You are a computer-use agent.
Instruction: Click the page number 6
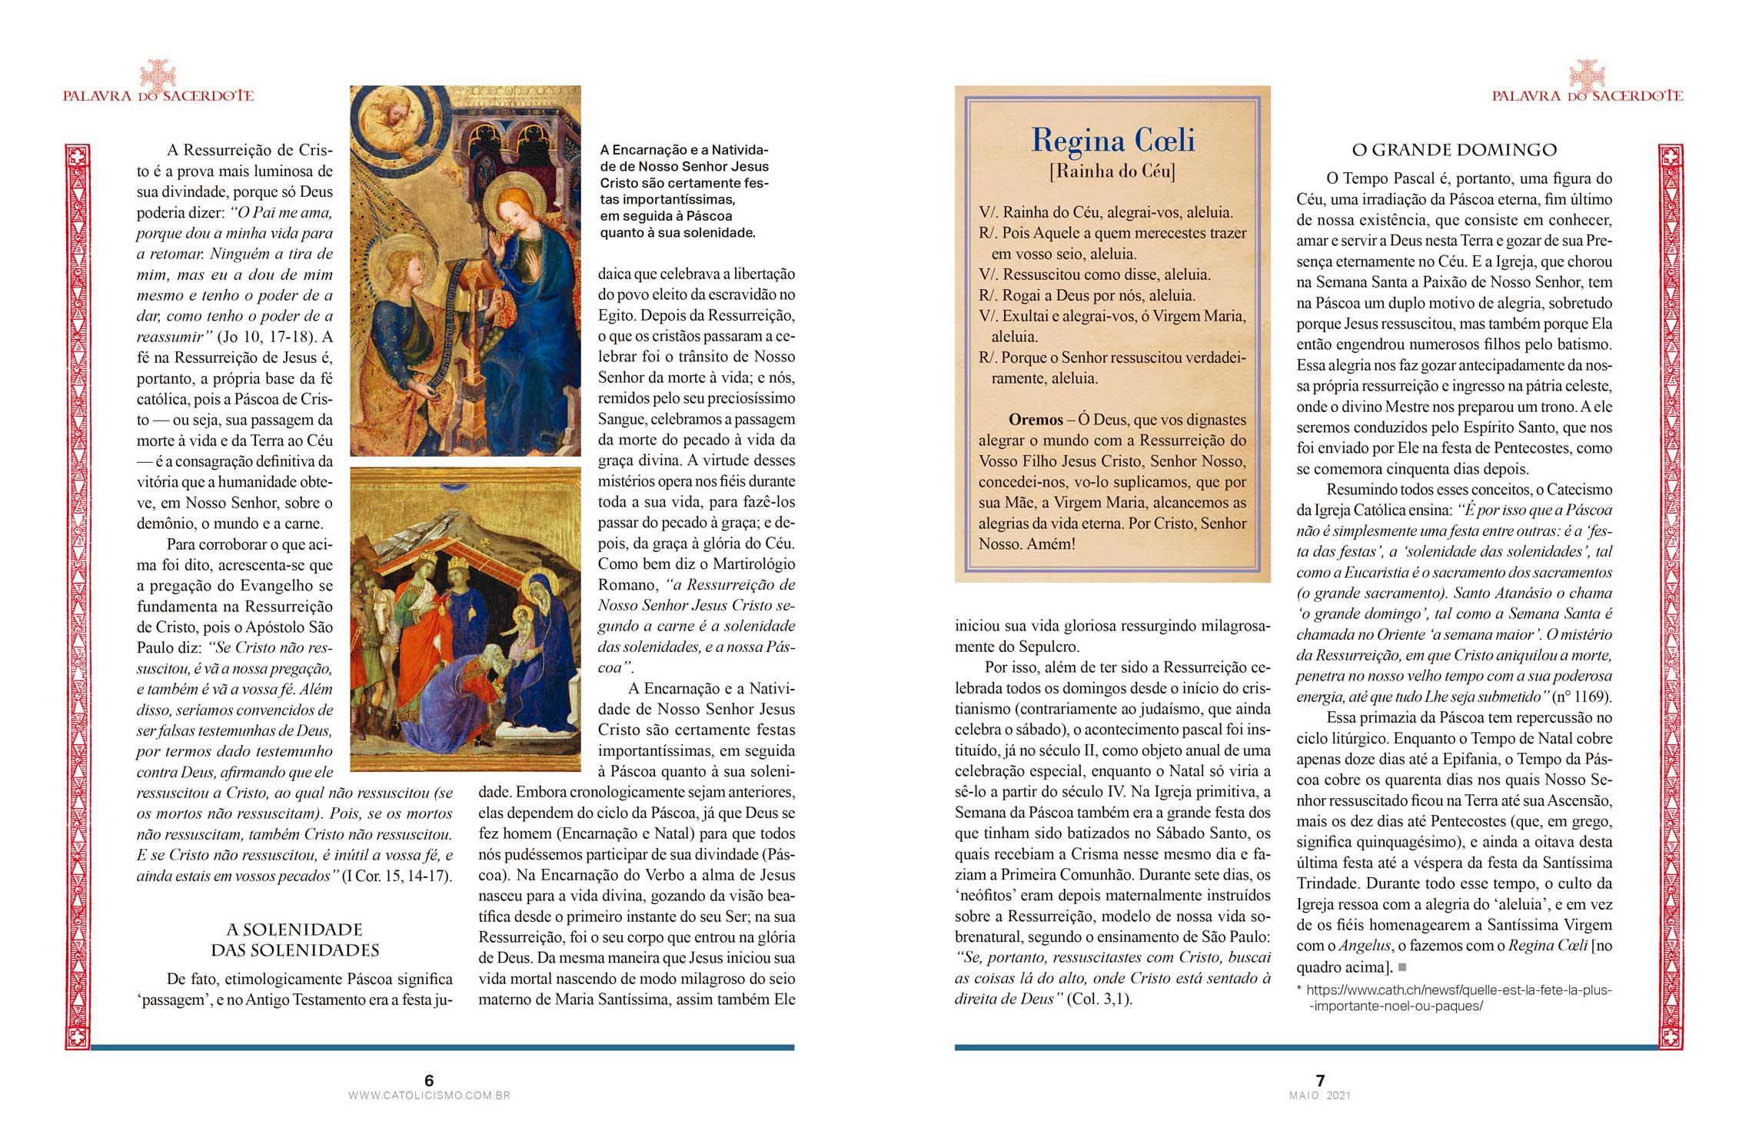(x=429, y=1080)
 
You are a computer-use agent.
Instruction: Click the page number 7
(x=1320, y=1080)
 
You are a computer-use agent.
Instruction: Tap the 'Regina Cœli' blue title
(x=1112, y=141)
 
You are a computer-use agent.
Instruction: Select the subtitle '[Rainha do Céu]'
(x=1112, y=171)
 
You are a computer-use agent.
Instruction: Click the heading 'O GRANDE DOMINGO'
(x=1454, y=150)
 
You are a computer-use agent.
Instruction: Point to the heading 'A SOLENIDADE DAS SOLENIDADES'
(x=295, y=940)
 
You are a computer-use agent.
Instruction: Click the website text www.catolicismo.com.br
(x=429, y=1096)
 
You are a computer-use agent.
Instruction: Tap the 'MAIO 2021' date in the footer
(x=1320, y=1096)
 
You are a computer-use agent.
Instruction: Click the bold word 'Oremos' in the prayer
(x=1036, y=420)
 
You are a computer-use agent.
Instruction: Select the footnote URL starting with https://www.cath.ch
(x=1458, y=998)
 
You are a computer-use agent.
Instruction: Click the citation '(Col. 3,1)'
(x=1099, y=1000)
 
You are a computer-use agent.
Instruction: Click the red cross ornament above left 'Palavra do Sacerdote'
(x=158, y=75)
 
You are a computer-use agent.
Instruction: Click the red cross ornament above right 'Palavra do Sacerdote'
(x=1587, y=75)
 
